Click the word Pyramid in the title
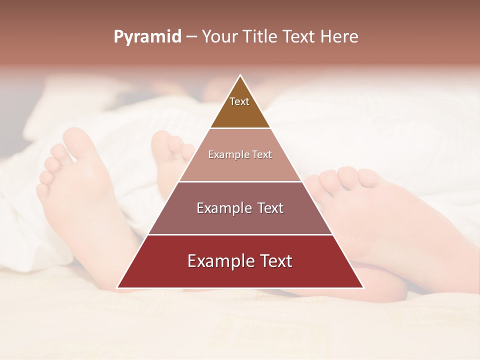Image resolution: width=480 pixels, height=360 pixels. [x=147, y=37]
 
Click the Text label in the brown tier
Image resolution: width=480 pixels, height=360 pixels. [x=239, y=101]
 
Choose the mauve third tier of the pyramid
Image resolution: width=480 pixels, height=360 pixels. [x=240, y=220]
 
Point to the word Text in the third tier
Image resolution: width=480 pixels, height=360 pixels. [x=271, y=208]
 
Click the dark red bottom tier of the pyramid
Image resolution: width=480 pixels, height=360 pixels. [x=240, y=275]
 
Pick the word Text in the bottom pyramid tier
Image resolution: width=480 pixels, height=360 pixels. [x=275, y=261]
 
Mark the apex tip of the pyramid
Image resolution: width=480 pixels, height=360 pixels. [x=240, y=76]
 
